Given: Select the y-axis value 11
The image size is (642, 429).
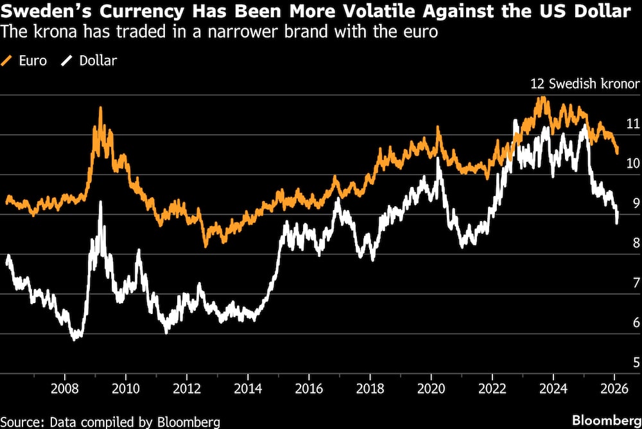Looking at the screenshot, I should (632, 123).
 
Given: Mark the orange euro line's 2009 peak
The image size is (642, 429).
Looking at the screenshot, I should (100, 108).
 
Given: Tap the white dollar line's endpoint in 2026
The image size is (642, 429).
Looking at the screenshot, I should (617, 222).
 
